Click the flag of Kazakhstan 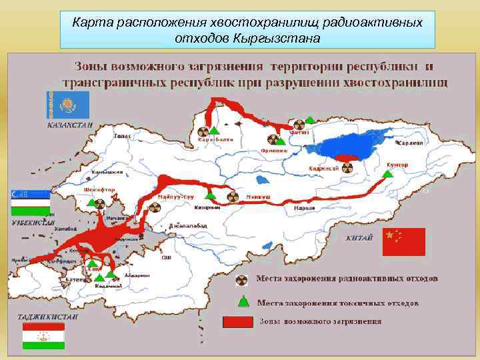[x=63, y=105]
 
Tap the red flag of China [x=403, y=242]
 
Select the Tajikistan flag [x=43, y=336]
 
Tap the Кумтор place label [x=397, y=163]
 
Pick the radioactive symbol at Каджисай [x=346, y=158]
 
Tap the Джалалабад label [x=188, y=225]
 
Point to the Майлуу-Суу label [x=175, y=198]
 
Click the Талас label [x=122, y=136]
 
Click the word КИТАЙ [x=359, y=238]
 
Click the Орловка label [x=274, y=151]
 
